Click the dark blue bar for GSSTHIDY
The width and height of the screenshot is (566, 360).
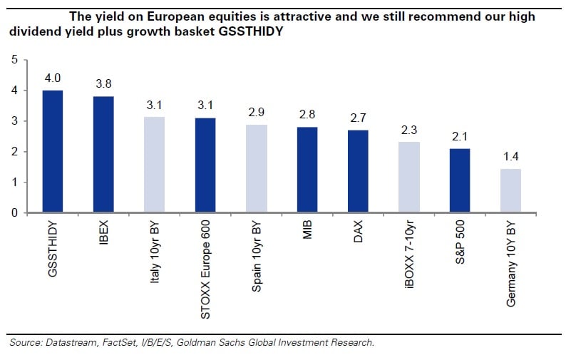[x=52, y=151]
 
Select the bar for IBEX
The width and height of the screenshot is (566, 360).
[x=103, y=154]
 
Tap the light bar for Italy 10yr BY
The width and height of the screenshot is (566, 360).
[x=154, y=165]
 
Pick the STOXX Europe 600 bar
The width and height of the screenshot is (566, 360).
[x=205, y=165]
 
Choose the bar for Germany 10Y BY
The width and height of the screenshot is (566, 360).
[x=510, y=190]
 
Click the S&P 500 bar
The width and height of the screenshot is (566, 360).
[x=460, y=180]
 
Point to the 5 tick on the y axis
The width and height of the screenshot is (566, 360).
[x=14, y=60]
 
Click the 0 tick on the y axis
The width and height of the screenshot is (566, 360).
[x=14, y=212]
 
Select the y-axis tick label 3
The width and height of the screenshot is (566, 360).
[x=14, y=121]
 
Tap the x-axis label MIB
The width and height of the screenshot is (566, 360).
[x=307, y=232]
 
